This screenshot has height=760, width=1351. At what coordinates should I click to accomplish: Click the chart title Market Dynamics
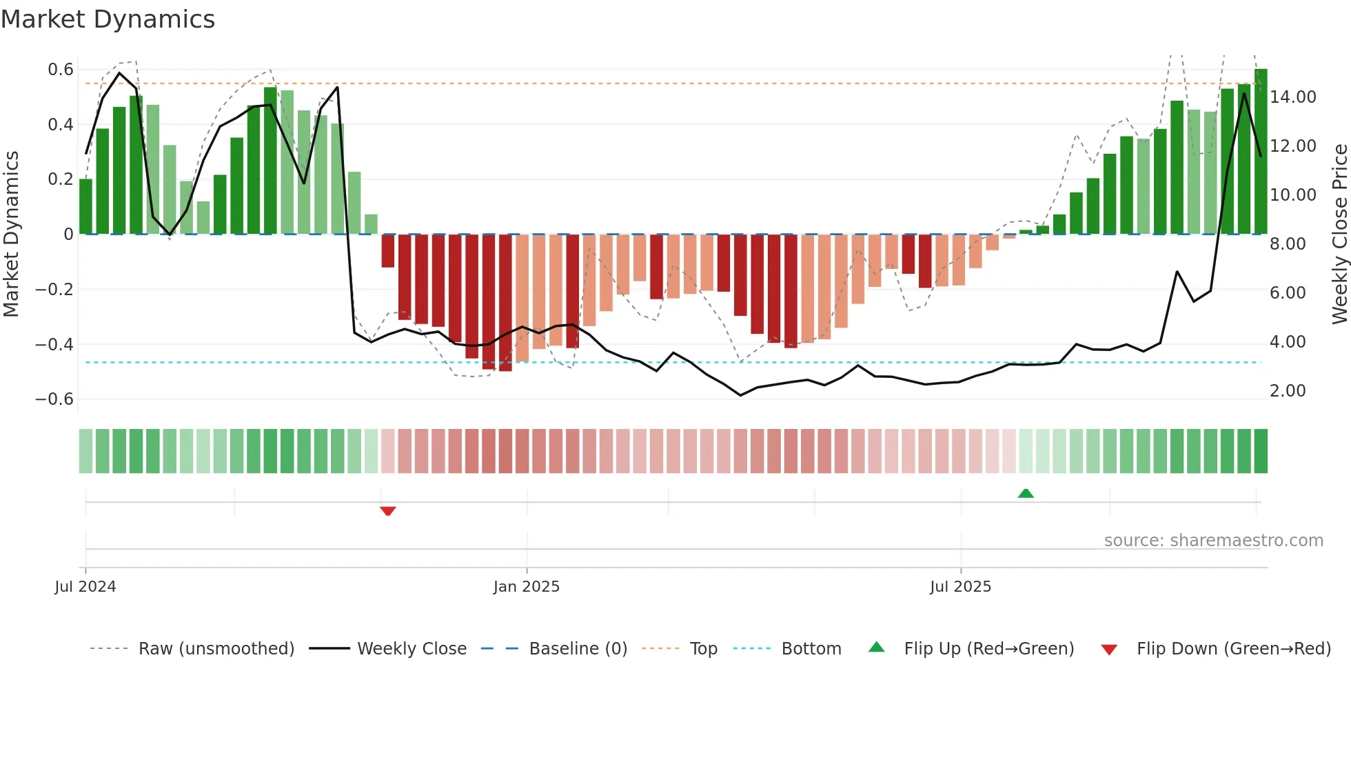pyautogui.click(x=108, y=19)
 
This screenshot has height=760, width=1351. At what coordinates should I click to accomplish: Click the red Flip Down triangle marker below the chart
pyautogui.click(x=387, y=511)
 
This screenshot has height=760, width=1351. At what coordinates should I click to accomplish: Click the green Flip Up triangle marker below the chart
pyautogui.click(x=1026, y=493)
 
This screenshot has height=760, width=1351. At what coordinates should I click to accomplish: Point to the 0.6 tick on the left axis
pyautogui.click(x=61, y=69)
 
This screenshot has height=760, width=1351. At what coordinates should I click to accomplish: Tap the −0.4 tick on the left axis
pyautogui.click(x=54, y=344)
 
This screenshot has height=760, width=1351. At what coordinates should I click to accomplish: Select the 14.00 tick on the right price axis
pyautogui.click(x=1293, y=97)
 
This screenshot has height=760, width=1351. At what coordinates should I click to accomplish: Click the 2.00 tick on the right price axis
pyautogui.click(x=1288, y=391)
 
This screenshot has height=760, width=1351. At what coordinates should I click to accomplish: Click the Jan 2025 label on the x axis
pyautogui.click(x=527, y=587)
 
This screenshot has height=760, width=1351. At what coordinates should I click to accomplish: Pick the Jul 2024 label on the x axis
pyautogui.click(x=85, y=587)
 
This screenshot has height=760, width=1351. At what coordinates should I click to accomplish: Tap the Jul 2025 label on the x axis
pyautogui.click(x=960, y=587)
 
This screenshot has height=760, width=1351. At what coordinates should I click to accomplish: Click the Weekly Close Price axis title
pyautogui.click(x=1339, y=234)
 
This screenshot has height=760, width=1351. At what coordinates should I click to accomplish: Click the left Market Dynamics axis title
pyautogui.click(x=11, y=234)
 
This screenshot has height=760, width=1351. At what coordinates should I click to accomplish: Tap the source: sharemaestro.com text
pyautogui.click(x=1213, y=541)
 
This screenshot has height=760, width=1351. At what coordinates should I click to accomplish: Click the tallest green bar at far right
pyautogui.click(x=1261, y=152)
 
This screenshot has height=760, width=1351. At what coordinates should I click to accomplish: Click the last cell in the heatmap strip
pyautogui.click(x=1261, y=451)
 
